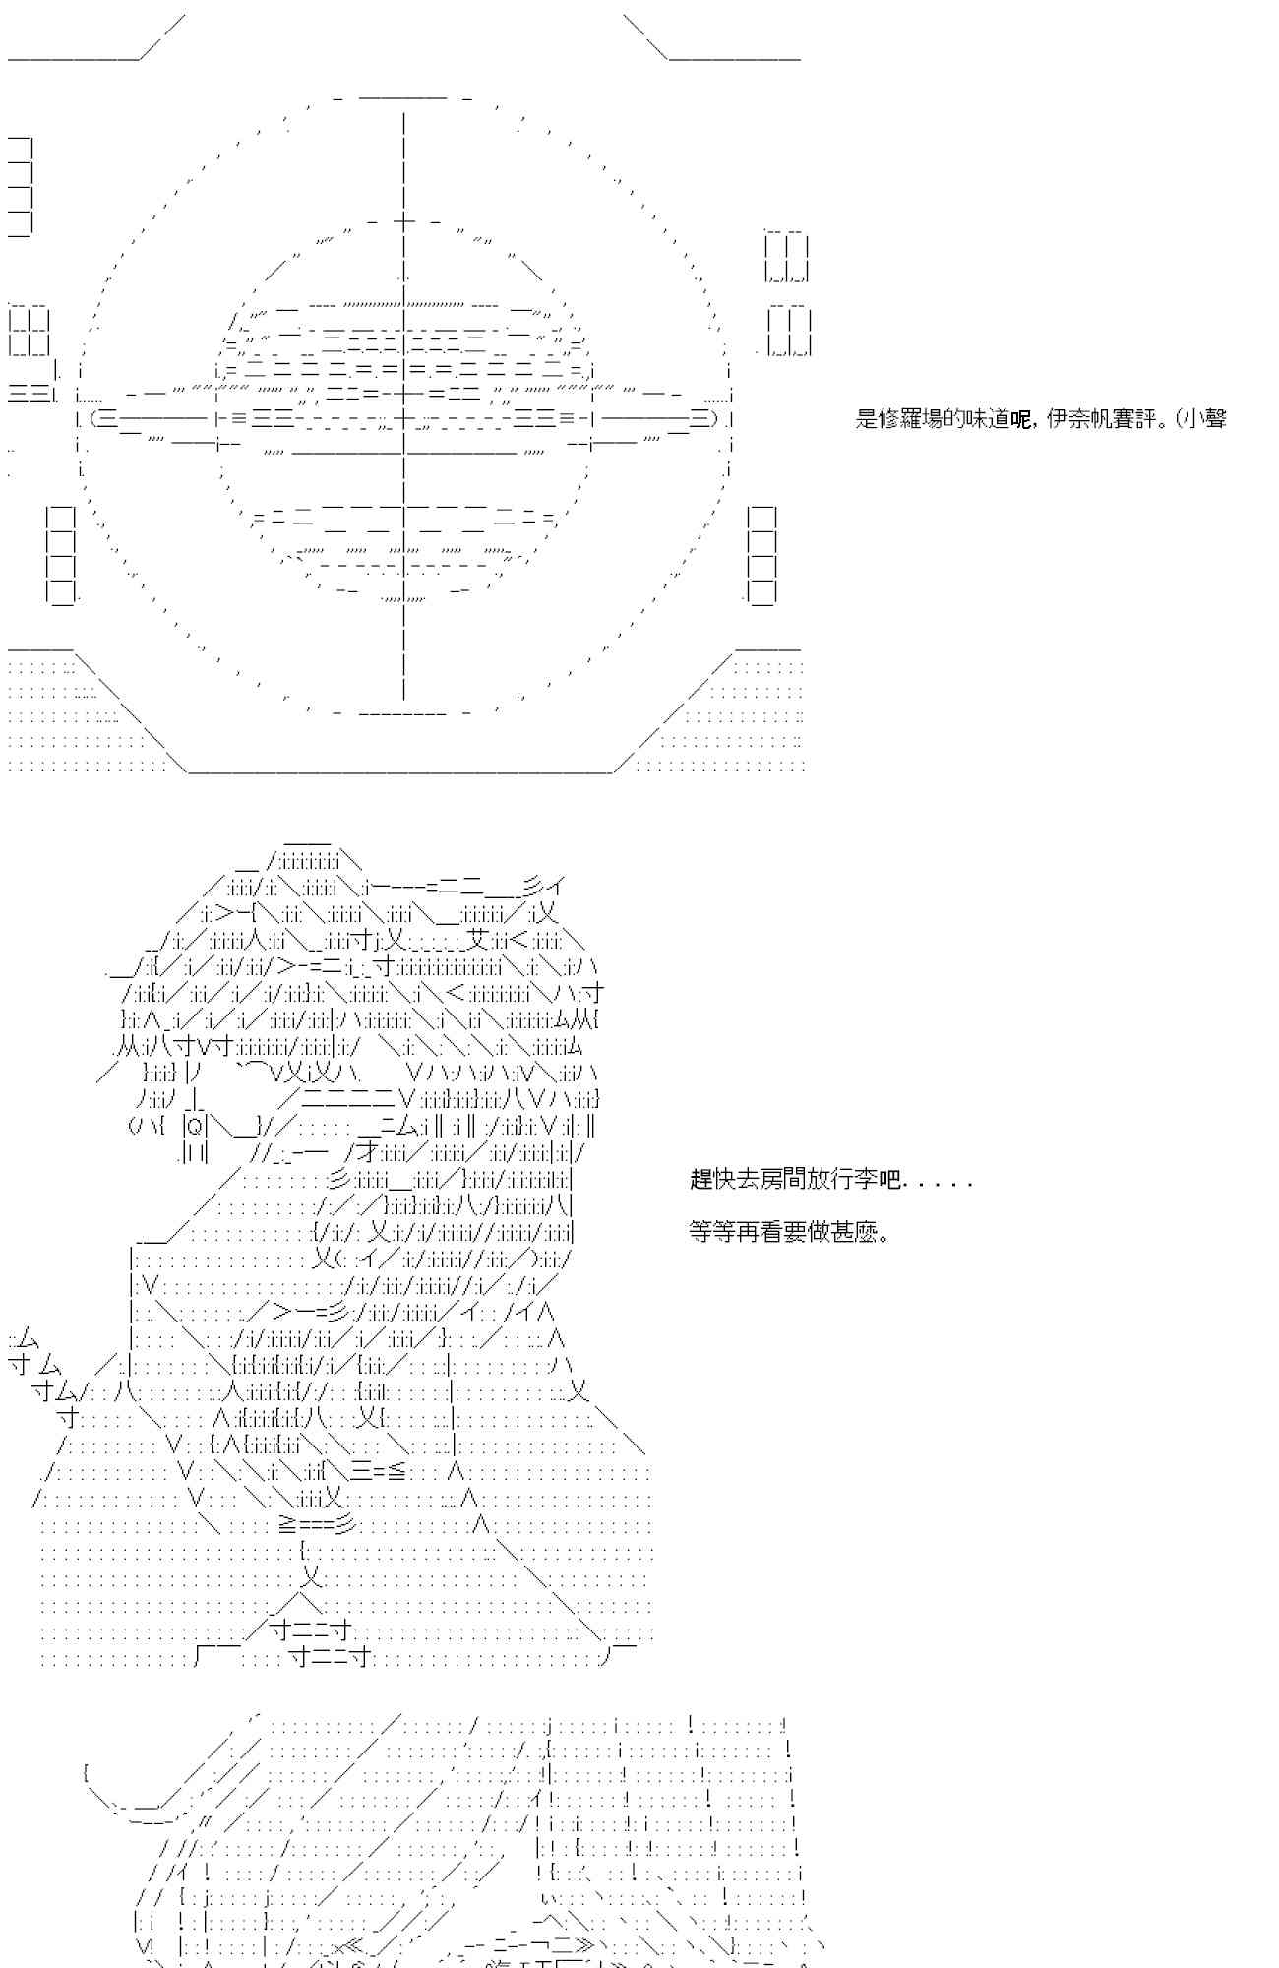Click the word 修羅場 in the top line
[910, 419]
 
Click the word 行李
[856, 1179]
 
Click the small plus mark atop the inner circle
[404, 220]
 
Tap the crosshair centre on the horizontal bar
[404, 418]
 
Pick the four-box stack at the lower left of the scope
[61, 554]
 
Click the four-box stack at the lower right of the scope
[761, 554]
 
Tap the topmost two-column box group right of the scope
[787, 258]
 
